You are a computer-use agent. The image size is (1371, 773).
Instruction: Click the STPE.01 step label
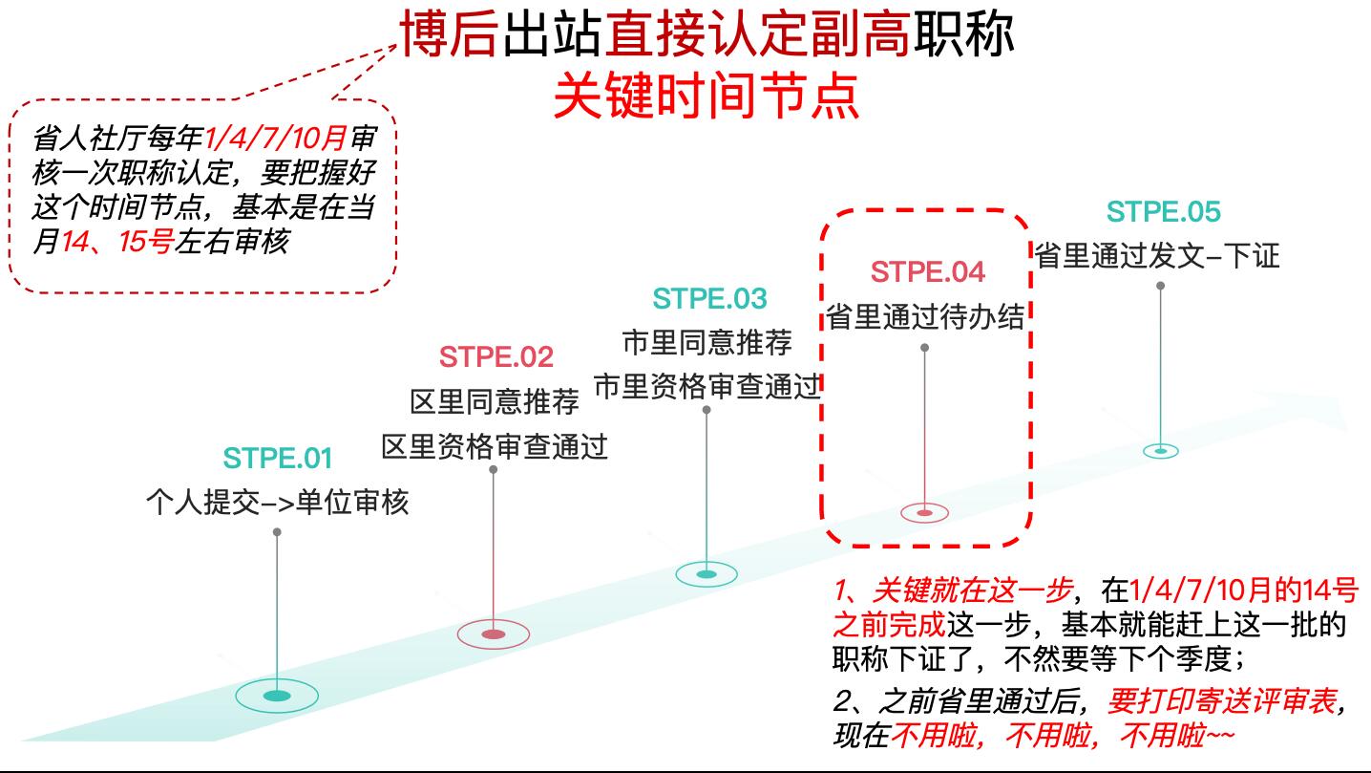(277, 459)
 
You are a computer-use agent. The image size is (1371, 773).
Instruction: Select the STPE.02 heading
(496, 356)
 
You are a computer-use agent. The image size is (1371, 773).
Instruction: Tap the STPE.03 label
(709, 299)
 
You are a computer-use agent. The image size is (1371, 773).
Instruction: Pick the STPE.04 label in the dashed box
(927, 272)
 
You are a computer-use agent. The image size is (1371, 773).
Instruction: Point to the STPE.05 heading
(1163, 211)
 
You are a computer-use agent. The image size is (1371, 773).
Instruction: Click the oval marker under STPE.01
(277, 696)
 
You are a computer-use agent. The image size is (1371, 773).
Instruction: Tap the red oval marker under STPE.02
(494, 633)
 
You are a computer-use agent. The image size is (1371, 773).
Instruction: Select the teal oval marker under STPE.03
(707, 574)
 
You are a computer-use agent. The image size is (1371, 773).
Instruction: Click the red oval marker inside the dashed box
(924, 513)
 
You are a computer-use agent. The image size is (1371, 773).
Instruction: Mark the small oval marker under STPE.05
(1161, 450)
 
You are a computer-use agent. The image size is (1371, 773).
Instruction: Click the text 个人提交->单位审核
(277, 502)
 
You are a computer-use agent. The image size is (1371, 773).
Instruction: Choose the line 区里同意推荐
(495, 402)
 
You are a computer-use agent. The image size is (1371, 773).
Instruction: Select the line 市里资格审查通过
(707, 387)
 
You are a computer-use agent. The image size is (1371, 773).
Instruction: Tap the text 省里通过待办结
(925, 317)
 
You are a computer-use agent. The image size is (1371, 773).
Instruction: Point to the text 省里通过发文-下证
(1157, 256)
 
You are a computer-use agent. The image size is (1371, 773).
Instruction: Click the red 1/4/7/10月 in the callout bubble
(276, 139)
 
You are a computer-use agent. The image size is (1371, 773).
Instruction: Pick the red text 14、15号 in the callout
(116, 242)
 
